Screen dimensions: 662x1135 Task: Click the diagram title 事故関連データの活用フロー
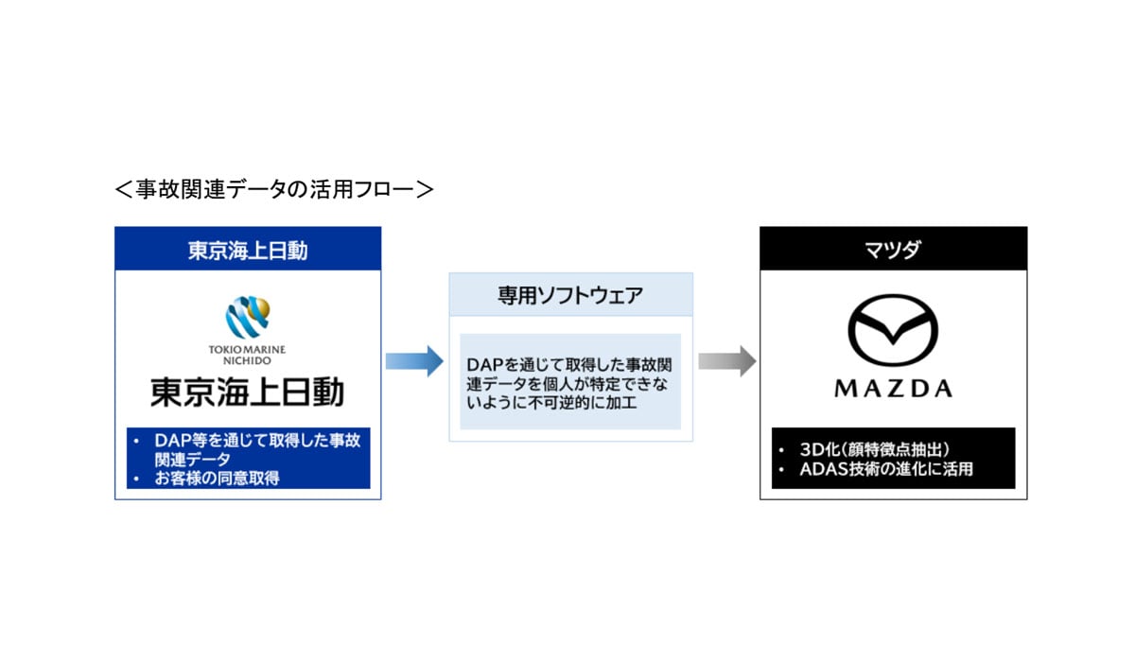pyautogui.click(x=273, y=189)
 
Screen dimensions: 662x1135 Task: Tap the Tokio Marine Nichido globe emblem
pyautogui.click(x=248, y=318)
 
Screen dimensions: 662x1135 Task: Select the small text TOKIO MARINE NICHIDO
pyautogui.click(x=247, y=355)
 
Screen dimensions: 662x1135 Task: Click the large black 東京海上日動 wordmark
pyautogui.click(x=248, y=392)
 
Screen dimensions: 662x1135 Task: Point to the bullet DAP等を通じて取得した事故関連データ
pyautogui.click(x=250, y=449)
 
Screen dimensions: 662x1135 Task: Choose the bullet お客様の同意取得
pyautogui.click(x=218, y=479)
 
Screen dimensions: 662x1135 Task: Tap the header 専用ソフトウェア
pyautogui.click(x=570, y=295)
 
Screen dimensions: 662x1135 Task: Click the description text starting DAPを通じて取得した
pyautogui.click(x=569, y=382)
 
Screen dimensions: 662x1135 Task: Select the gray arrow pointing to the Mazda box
pyautogui.click(x=726, y=360)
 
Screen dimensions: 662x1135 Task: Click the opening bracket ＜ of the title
pyautogui.click(x=124, y=189)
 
